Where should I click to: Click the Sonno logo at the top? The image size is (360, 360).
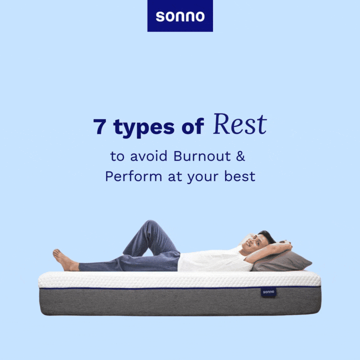[180, 15]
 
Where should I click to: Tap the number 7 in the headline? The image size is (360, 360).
[99, 126]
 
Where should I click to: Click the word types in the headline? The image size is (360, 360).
[144, 128]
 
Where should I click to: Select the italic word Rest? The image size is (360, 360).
[240, 124]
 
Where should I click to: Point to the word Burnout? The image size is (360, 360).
[202, 156]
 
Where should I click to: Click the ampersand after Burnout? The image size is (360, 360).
[240, 156]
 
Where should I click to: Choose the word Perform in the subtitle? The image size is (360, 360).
[133, 176]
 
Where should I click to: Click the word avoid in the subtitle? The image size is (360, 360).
[148, 156]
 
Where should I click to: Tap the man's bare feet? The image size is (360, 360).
[63, 259]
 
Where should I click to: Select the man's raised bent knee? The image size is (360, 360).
[149, 225]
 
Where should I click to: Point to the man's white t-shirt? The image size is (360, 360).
[213, 259]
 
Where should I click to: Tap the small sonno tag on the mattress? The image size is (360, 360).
[268, 292]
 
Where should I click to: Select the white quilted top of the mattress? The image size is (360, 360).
[179, 279]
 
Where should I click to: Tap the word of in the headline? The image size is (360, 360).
[192, 126]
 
